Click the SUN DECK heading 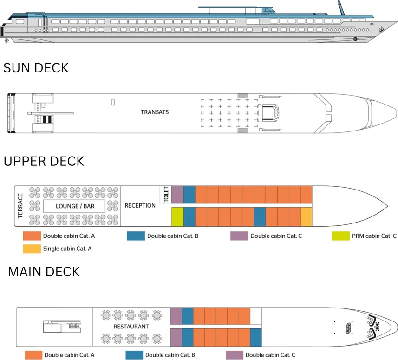coord(36,68)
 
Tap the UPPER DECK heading coord(44,161)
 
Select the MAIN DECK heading coord(44,271)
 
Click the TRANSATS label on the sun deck coord(155,112)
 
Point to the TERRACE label coord(20,206)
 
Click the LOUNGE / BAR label coord(73,206)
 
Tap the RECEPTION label coord(140,206)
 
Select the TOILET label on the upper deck coord(166,194)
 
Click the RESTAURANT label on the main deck coord(131,327)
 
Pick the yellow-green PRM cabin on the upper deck coord(177,216)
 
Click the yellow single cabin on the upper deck coord(306,216)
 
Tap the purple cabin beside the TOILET coord(177,194)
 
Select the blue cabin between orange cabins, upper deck coord(259,216)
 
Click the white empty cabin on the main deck coord(255,315)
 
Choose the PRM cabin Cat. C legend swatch coord(339,236)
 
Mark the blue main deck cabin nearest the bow coord(255,337)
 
